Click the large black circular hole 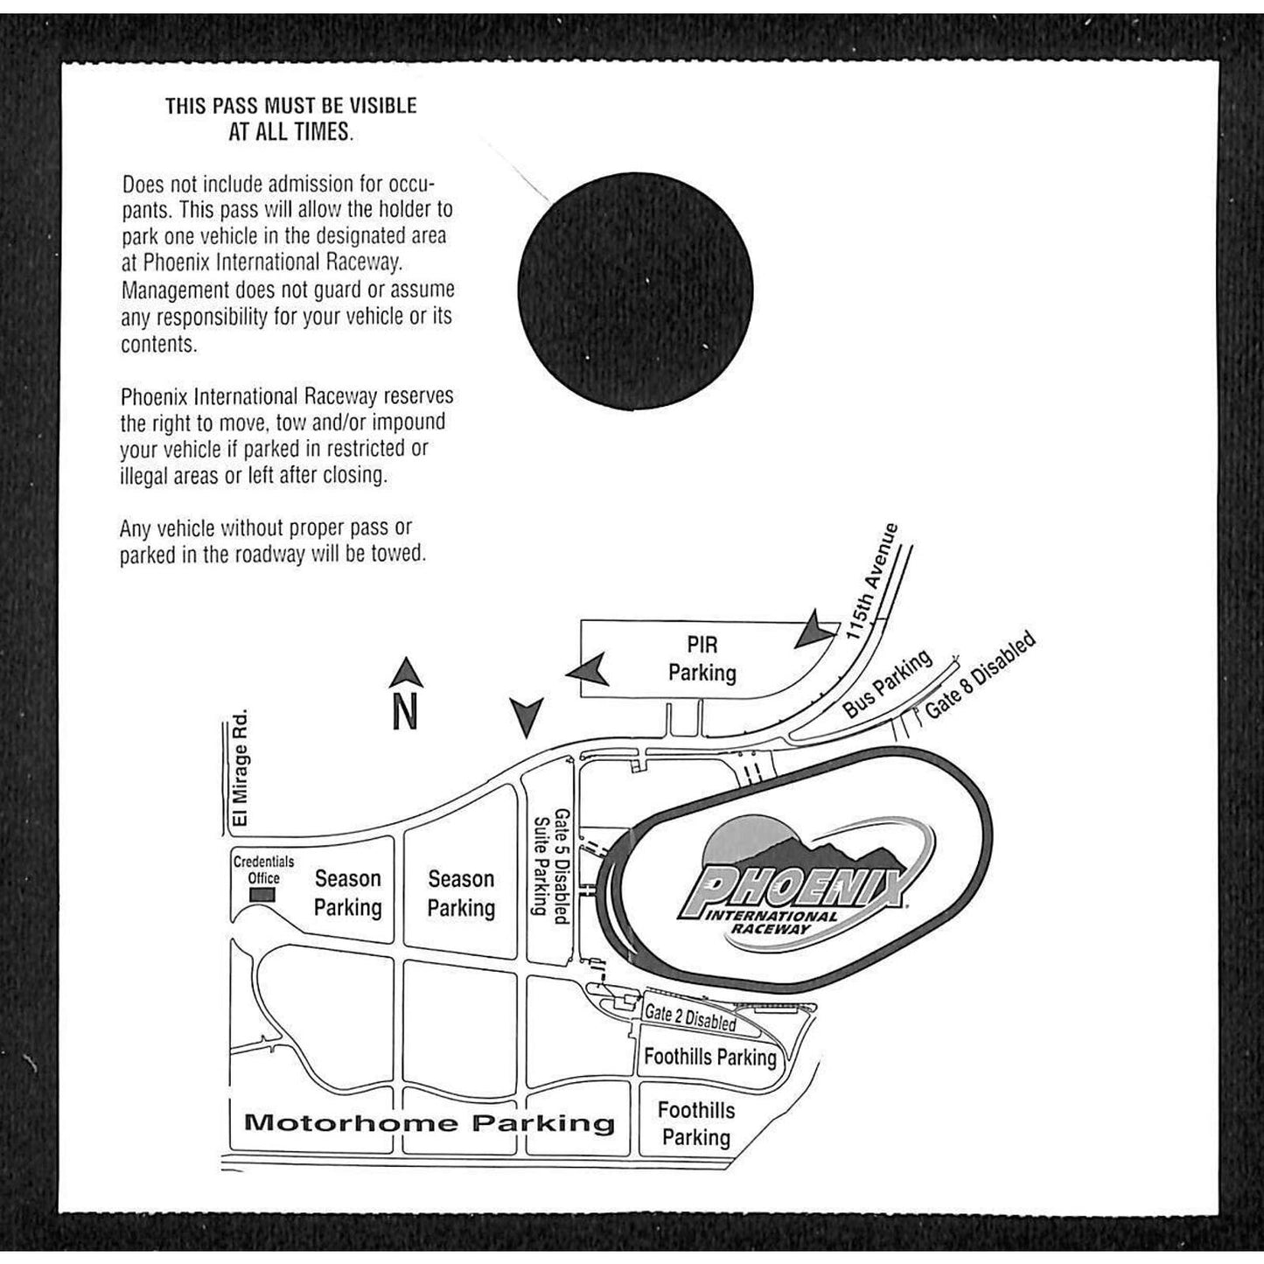tap(635, 291)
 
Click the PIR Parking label tap(702, 659)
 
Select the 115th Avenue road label tap(872, 581)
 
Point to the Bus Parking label tap(887, 683)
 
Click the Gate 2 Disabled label tap(690, 1017)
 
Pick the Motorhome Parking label tap(429, 1122)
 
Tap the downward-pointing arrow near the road tap(527, 717)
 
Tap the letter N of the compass tap(405, 712)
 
